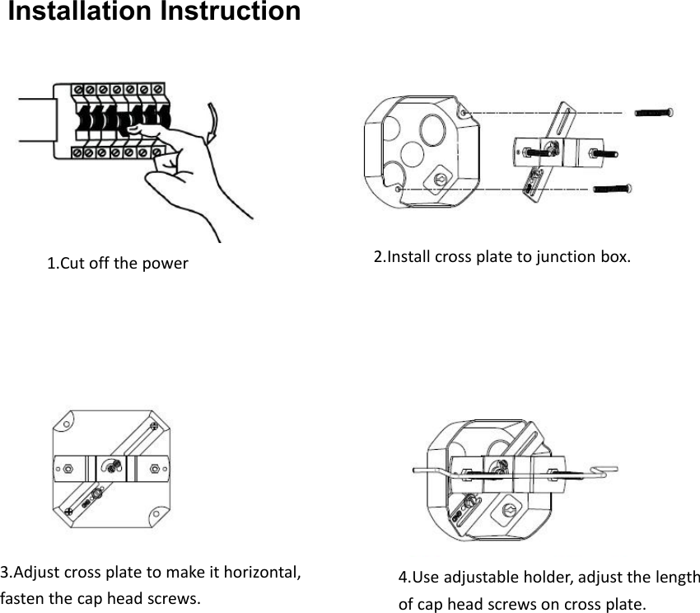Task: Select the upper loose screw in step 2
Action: pyautogui.click(x=656, y=112)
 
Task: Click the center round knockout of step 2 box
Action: pyautogui.click(x=435, y=130)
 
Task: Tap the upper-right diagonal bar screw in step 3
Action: pyautogui.click(x=152, y=426)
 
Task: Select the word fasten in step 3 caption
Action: pyautogui.click(x=20, y=597)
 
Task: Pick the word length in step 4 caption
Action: pyautogui.click(x=677, y=577)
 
